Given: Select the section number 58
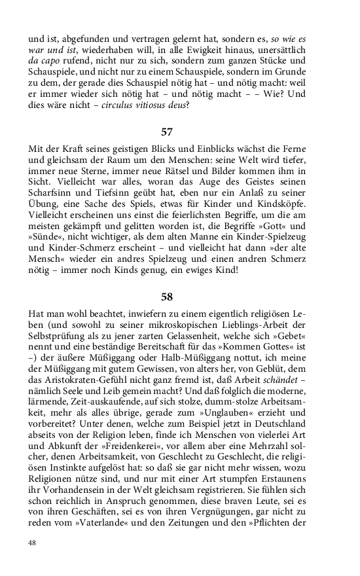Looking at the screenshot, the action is click(x=167, y=297).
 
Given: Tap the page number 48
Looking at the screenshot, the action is click(x=33, y=543).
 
